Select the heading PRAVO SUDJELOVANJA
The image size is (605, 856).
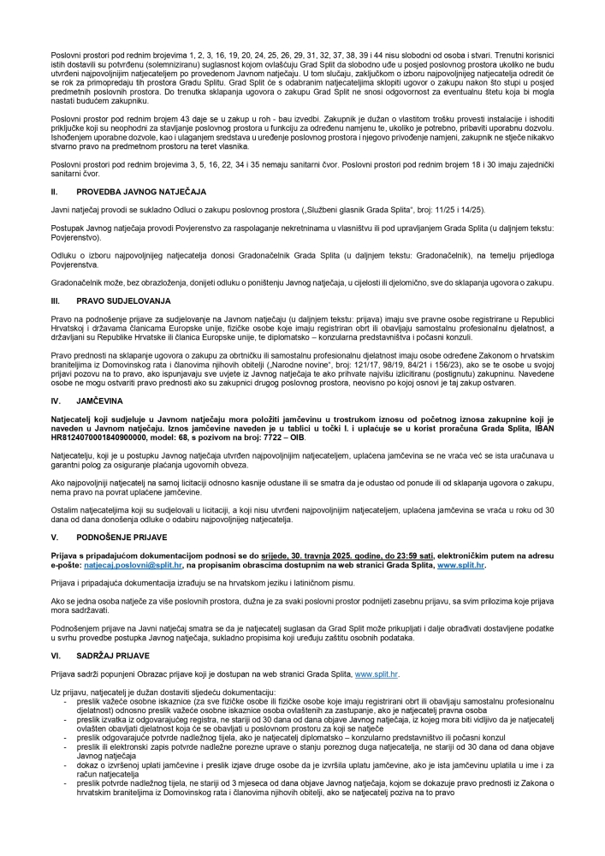[119, 301]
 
